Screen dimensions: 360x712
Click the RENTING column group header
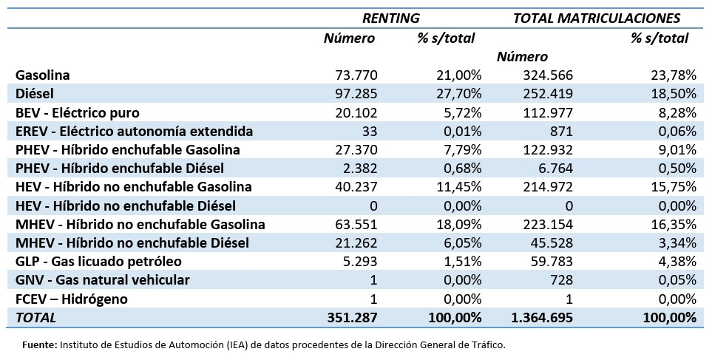coord(390,18)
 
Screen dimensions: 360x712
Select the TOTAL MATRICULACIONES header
coord(596,18)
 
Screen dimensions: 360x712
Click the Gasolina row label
coord(42,75)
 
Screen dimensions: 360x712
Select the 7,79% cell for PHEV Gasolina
coord(459,149)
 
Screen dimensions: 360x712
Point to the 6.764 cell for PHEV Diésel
coord(555,168)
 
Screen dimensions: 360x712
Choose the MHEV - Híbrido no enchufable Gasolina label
coord(140,224)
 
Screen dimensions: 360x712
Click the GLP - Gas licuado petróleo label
coord(98,261)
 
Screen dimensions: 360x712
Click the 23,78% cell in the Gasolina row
coord(672,75)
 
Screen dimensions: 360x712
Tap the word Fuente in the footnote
coord(39,344)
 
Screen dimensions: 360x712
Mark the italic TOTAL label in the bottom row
coord(35,317)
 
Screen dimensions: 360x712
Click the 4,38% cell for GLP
coord(676,261)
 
